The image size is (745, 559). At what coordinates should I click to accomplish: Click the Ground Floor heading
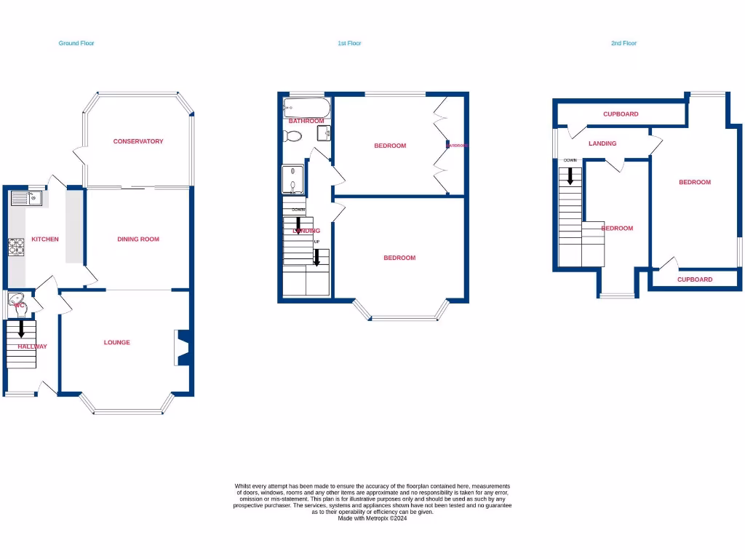pos(76,44)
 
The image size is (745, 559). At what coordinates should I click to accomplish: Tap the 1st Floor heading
pos(349,44)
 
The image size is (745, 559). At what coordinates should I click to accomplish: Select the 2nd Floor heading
pos(624,44)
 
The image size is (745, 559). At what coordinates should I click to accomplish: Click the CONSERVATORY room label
pos(138,141)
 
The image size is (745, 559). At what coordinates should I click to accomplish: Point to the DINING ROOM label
pos(138,239)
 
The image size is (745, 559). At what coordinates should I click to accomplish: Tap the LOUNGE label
pos(117,342)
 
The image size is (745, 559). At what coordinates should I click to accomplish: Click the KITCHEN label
pos(45,239)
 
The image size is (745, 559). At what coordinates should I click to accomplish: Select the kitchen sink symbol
pos(27,197)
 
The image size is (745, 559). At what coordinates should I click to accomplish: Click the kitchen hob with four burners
pos(16,248)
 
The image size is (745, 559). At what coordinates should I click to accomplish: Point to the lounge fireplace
pos(181,347)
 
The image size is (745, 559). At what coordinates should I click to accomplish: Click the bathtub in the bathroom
pos(306,108)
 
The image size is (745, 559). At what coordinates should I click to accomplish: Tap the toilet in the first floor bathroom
pos(293,136)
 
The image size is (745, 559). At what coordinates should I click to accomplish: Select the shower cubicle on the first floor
pos(293,179)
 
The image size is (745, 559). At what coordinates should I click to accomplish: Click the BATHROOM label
pos(306,121)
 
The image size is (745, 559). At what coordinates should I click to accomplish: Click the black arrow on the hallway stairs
pos(20,328)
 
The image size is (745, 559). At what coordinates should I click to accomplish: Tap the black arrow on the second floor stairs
pos(570,175)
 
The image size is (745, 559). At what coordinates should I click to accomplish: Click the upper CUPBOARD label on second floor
pos(621,114)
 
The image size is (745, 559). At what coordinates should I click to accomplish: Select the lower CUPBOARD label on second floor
pos(695,279)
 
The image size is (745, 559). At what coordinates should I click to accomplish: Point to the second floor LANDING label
pos(602,143)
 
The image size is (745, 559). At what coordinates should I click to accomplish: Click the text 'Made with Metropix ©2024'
pos(372,518)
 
